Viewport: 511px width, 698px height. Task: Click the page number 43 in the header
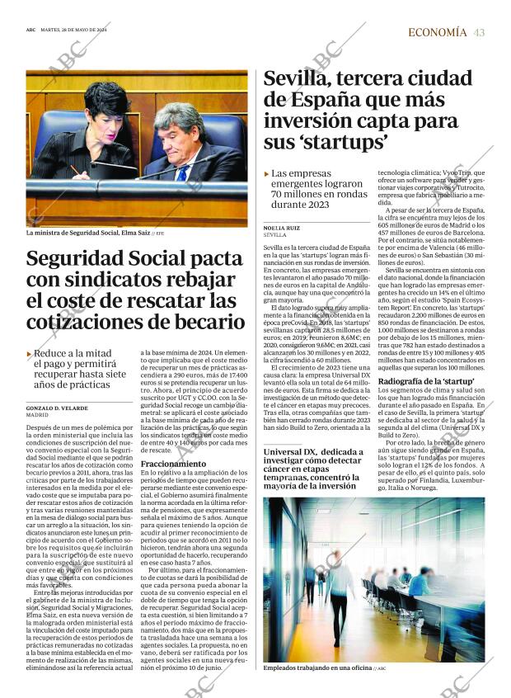tap(479, 32)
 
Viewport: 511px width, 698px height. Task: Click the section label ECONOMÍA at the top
tap(438, 32)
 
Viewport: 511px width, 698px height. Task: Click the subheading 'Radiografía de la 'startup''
tap(425, 381)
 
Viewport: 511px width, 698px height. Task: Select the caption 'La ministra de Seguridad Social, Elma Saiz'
tap(100, 233)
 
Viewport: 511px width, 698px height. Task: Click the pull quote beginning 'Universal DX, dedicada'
tap(313, 469)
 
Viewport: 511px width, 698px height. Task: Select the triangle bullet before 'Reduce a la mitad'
tap(30, 353)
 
